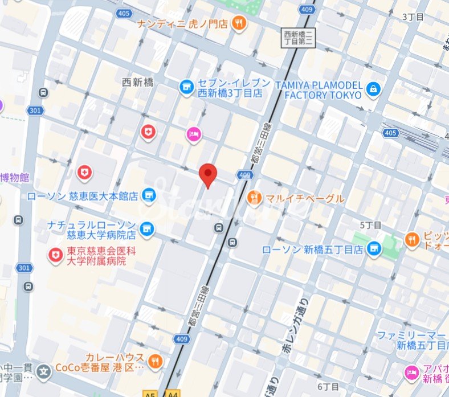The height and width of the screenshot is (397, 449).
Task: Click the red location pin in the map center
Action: point(209,174)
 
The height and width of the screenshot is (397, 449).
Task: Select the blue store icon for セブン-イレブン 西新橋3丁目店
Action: point(186,87)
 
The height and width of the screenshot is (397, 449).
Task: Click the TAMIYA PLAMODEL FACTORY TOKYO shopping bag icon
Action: point(373,89)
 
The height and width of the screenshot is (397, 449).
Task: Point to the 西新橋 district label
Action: point(138,82)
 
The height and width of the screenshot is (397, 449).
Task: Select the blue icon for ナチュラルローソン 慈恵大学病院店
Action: point(147,228)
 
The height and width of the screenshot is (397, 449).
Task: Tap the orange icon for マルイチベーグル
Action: point(255,198)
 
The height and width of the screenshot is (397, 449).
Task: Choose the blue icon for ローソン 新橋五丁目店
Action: point(374,248)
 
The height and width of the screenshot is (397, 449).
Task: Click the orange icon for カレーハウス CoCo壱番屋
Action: point(154,361)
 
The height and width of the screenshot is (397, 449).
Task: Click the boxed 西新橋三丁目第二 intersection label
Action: point(298,38)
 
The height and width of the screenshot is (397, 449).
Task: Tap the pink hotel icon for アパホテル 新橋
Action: point(411,373)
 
